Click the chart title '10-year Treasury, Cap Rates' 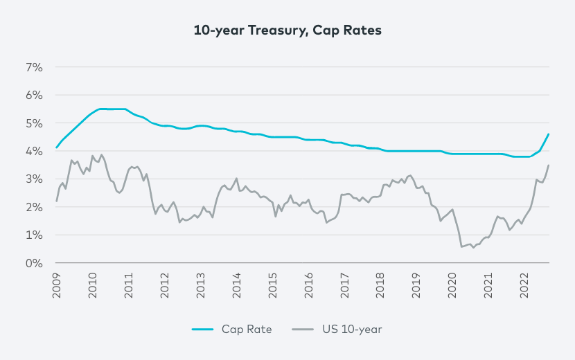(287, 30)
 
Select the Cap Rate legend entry (232, 329)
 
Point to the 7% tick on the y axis (35, 67)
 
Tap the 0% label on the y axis (35, 263)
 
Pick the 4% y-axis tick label (35, 151)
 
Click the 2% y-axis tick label (35, 207)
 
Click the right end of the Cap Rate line (549, 134)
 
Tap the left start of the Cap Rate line (56, 147)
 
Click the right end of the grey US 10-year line (549, 165)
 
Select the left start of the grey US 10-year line (56, 201)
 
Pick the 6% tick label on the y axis (35, 95)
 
